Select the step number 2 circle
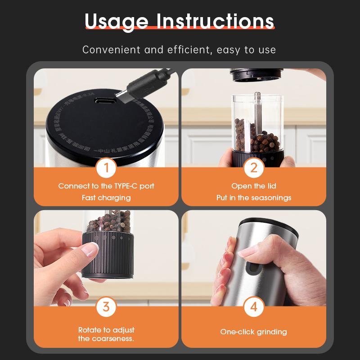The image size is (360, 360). point(253,168)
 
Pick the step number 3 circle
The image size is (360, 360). point(106,307)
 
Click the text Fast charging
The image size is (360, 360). point(106,198)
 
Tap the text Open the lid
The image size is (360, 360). point(253,186)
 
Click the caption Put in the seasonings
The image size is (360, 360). point(253,198)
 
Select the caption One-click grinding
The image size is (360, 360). point(253,332)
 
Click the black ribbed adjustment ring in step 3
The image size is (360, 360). point(108,254)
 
